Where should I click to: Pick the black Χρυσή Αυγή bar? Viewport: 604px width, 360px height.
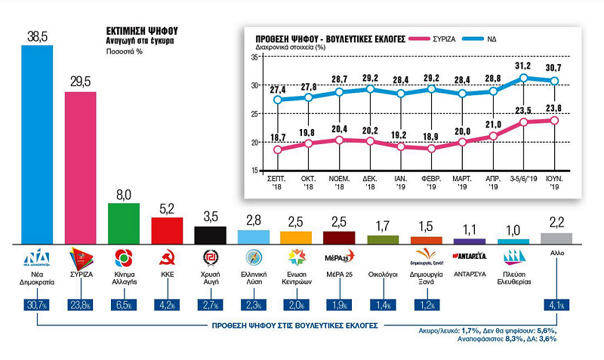click(211, 235)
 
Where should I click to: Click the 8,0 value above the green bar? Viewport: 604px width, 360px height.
click(124, 194)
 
